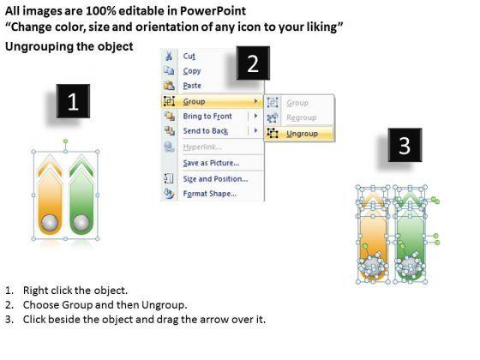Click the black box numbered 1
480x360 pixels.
(x=73, y=101)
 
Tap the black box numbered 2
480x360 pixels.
(x=253, y=63)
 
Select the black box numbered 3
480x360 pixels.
(x=405, y=145)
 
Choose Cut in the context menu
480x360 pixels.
(x=189, y=56)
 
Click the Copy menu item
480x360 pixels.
(x=192, y=70)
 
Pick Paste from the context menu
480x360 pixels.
(x=192, y=86)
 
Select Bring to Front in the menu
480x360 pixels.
(x=207, y=116)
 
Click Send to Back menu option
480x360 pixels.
(x=206, y=131)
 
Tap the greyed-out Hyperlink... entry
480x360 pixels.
(x=202, y=147)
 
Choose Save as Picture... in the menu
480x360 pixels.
(x=211, y=163)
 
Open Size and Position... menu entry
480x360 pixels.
(x=215, y=179)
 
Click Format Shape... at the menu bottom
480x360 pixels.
(x=210, y=194)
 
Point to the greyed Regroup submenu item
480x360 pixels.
(x=301, y=117)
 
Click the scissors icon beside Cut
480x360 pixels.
(x=169, y=56)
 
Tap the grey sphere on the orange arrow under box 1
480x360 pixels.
(x=50, y=222)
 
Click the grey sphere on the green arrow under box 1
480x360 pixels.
(x=81, y=222)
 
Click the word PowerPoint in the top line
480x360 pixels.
(x=213, y=11)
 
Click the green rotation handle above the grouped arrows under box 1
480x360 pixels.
(x=65, y=141)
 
